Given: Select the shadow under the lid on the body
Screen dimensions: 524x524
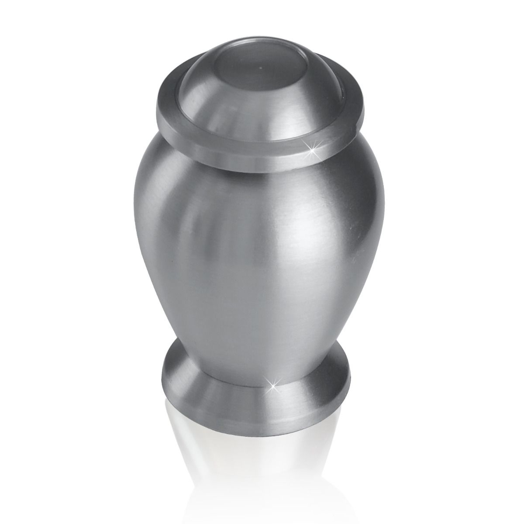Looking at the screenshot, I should (262, 177).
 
